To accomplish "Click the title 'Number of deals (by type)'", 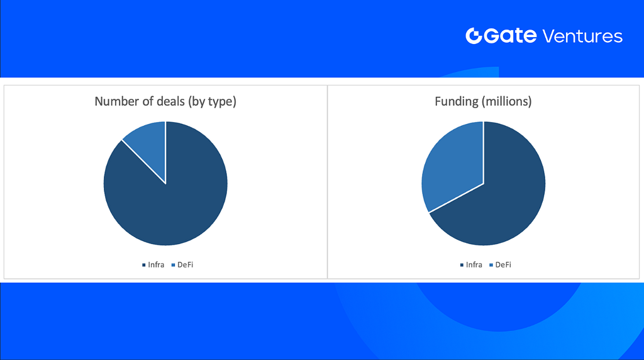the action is [x=165, y=101].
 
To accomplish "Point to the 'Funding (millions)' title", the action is [x=484, y=101].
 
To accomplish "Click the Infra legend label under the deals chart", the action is [x=156, y=265].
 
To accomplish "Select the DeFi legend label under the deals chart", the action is [x=186, y=265].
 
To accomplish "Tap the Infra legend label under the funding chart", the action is [x=474, y=265].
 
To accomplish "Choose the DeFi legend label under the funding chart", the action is [x=503, y=265].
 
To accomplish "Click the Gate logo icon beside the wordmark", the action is [x=474, y=36].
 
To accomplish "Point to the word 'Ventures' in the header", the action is [x=582, y=36].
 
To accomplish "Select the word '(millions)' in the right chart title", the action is [x=508, y=101].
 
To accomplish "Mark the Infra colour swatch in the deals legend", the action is [x=144, y=265].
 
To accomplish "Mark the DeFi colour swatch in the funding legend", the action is [x=491, y=265].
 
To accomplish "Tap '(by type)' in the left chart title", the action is [x=213, y=101].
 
